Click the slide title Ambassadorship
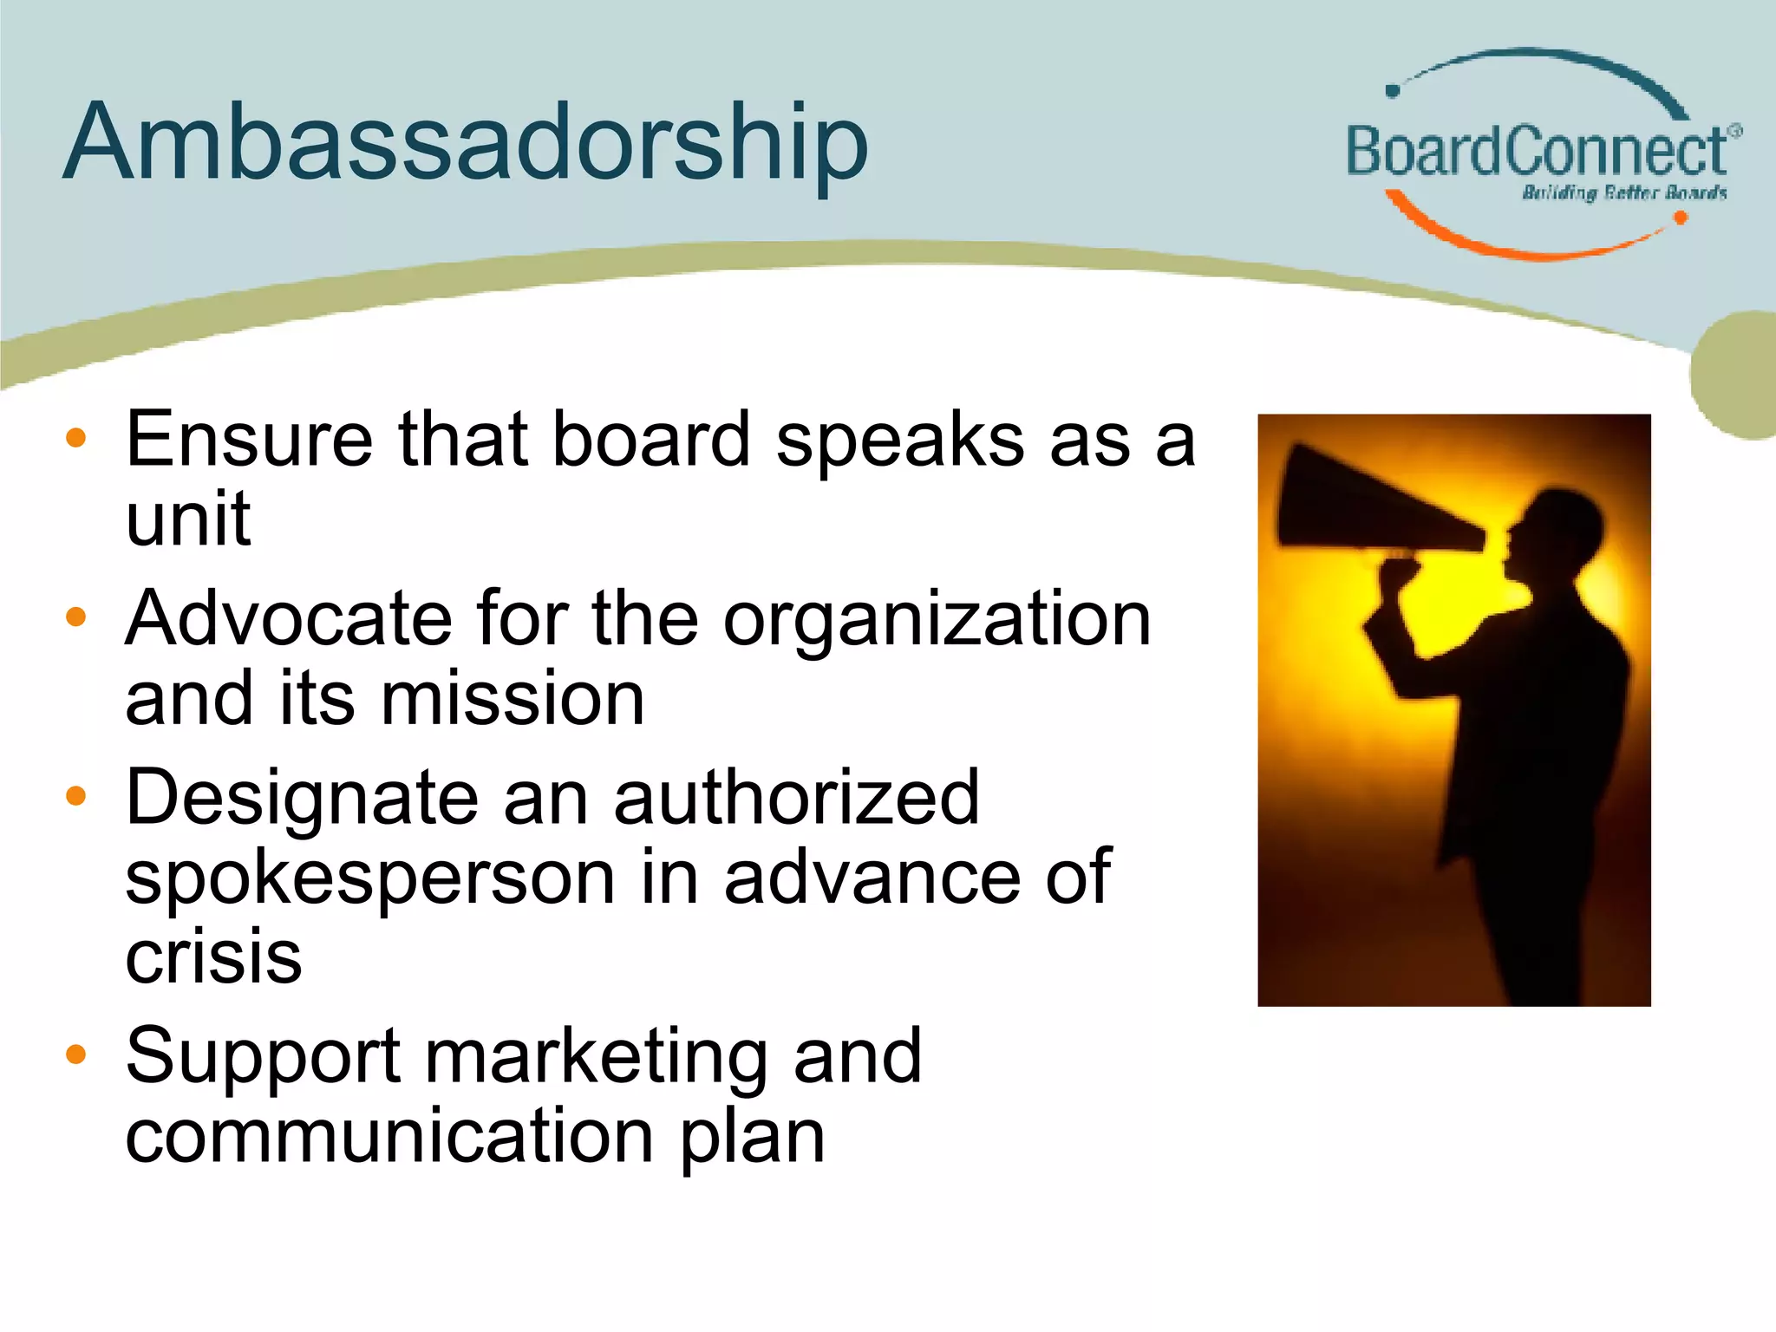click(465, 143)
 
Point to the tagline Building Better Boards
click(1623, 193)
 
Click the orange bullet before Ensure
click(76, 438)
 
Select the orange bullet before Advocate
click(76, 617)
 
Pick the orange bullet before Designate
click(76, 796)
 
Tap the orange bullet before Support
click(76, 1054)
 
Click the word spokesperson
click(370, 878)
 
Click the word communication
click(388, 1136)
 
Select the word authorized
click(796, 798)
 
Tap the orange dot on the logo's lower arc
click(1680, 218)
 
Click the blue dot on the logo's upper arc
click(1393, 90)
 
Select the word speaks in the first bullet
click(899, 440)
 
